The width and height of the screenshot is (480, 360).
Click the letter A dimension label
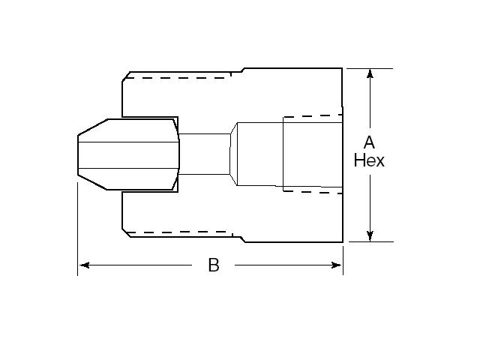pos(369,142)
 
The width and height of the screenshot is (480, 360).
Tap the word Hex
pos(369,160)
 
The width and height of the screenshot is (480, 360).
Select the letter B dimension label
pos(214,265)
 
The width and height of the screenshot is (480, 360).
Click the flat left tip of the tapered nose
pos(78,154)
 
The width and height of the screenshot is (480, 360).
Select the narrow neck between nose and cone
pos(204,154)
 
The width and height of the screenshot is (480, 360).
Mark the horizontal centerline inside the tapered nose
pos(127,166)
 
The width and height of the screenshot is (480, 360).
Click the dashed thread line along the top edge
pos(184,76)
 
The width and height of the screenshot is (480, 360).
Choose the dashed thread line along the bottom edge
pos(184,234)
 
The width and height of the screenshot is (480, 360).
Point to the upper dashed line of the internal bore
pos(311,116)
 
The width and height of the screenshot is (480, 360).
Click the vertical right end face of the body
pos(343,154)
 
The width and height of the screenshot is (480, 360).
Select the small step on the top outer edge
pos(243,71)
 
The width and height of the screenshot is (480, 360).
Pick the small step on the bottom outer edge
pos(243,238)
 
